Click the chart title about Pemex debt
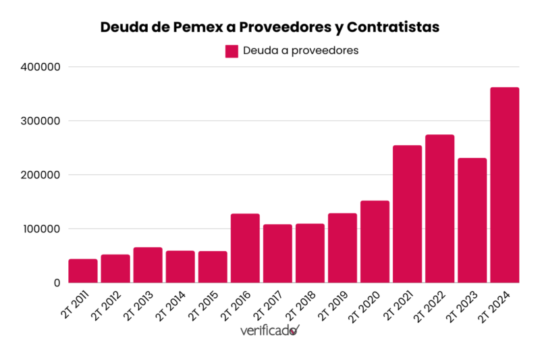269,27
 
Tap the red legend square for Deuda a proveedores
232,51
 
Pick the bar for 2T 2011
83,271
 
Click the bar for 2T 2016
245,248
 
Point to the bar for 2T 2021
407,214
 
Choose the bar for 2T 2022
439,209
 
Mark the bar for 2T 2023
472,220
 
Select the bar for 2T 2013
148,265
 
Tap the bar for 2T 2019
342,248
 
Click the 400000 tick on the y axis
41,67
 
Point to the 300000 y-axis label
41,121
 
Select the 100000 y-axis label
41,229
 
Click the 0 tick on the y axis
57,283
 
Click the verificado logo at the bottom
269,330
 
